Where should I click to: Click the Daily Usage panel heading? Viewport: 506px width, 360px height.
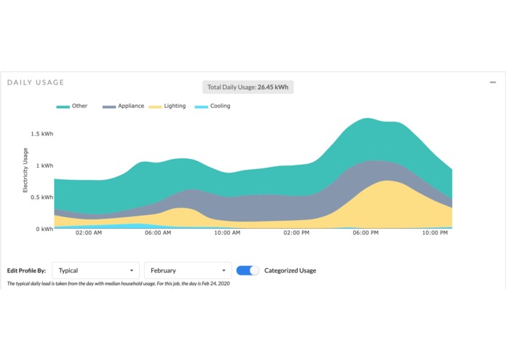point(36,82)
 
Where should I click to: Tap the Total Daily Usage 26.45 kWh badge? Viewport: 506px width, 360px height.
point(248,87)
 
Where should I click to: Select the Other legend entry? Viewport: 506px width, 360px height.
point(72,106)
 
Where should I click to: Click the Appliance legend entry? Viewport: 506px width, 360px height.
point(123,106)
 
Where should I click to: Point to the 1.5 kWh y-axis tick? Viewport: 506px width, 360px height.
point(41,134)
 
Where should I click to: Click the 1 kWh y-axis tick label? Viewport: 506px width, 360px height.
point(43,166)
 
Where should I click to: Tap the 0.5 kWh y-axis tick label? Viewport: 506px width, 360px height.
point(41,197)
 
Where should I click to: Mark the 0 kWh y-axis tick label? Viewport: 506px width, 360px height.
point(43,229)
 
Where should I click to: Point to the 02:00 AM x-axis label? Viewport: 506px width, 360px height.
point(88,233)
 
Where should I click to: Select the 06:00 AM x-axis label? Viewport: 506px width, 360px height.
point(157,233)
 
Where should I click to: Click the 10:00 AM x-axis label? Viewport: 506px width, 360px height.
point(226,233)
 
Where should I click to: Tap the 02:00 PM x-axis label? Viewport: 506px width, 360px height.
point(296,233)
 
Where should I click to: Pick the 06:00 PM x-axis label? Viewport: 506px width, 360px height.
point(365,233)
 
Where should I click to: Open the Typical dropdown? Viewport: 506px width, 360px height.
point(95,270)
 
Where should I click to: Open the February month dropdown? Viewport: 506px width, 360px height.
point(188,270)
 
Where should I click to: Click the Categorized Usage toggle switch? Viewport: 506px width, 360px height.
point(248,270)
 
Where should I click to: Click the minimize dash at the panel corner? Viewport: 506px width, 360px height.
point(493,82)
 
